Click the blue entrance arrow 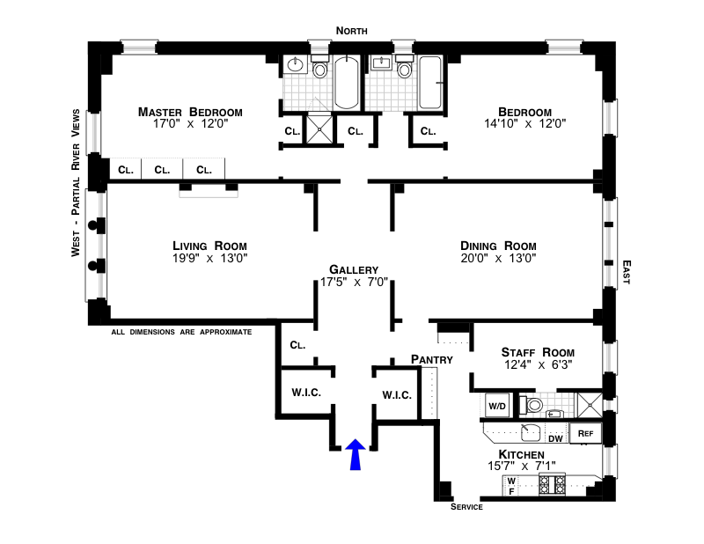coord(356,454)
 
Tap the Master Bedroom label coord(190,112)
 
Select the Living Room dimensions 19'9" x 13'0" coord(209,259)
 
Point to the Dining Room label coord(498,246)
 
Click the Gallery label coord(354,269)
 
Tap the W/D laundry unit coord(497,406)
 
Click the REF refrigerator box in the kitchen coord(585,433)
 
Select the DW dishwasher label coord(555,437)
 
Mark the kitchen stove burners coord(551,483)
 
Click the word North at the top coord(351,31)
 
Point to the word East coord(627,272)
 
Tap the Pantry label coord(431,359)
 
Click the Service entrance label coord(466,508)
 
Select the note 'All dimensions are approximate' coord(181,332)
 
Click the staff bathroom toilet coord(532,406)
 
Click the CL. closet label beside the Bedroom coord(428,132)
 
